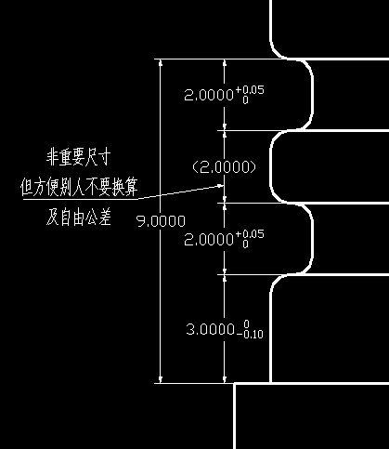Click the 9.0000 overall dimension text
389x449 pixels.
(161, 221)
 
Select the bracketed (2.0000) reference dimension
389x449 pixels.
(225, 167)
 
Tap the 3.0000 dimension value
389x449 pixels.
(211, 329)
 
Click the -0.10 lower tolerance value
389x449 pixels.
(251, 335)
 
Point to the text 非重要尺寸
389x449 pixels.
(78, 158)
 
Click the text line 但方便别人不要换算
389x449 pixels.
(79, 187)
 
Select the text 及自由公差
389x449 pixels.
(78, 217)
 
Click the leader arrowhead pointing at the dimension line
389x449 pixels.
(221, 186)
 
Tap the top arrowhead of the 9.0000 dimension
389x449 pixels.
(161, 62)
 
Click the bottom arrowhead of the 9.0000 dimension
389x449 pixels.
(161, 379)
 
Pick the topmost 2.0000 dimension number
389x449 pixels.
(209, 95)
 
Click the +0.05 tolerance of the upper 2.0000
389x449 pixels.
(250, 90)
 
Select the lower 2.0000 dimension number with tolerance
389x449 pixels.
(224, 239)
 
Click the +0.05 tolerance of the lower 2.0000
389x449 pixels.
(250, 234)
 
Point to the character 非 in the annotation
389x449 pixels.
(53, 158)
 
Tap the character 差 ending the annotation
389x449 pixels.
(104, 217)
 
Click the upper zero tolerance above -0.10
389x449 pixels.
(246, 324)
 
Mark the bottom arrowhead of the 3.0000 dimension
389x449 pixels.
(225, 379)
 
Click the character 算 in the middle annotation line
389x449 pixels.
(130, 187)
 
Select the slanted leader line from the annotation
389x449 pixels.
(181, 192)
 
